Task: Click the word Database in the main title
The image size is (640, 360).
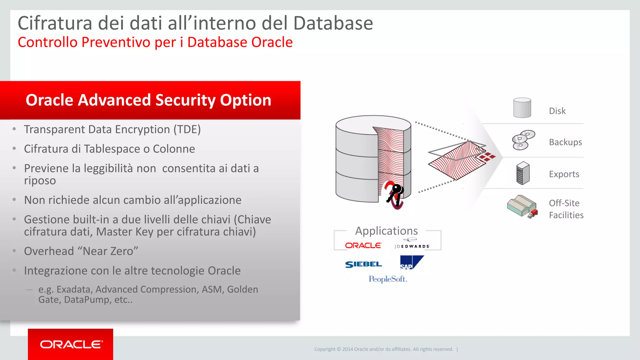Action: (x=333, y=23)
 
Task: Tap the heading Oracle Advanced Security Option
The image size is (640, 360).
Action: (x=148, y=100)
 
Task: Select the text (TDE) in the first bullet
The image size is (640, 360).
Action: (x=187, y=129)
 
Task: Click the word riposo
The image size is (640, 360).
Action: (x=40, y=181)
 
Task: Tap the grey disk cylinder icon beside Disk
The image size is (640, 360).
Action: (x=522, y=108)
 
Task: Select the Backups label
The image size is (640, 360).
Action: (x=565, y=142)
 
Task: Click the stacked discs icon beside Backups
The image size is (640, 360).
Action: (x=523, y=140)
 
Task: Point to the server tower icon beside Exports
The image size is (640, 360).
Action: (x=523, y=173)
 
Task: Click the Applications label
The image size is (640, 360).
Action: (x=386, y=231)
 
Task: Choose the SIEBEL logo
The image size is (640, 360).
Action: (x=363, y=264)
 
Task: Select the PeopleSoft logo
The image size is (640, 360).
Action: (x=387, y=279)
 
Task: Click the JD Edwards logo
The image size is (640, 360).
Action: (x=412, y=244)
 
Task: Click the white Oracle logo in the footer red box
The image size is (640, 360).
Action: (x=71, y=344)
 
